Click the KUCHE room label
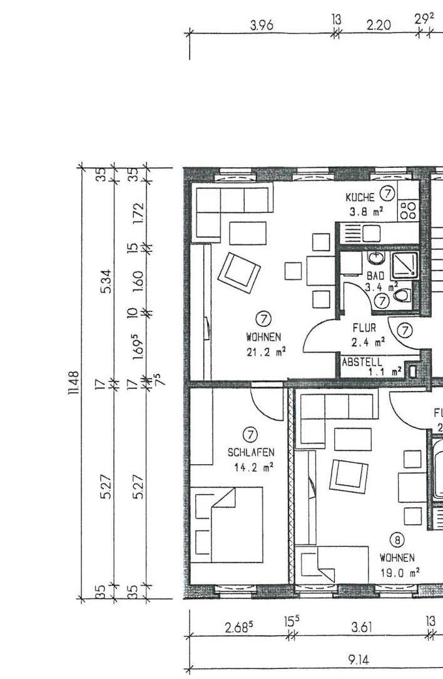coord(360,197)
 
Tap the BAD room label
coord(375,276)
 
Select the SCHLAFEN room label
coord(251,452)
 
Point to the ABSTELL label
coord(362,361)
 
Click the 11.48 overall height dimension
coord(74,383)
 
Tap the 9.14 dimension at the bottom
coord(359,660)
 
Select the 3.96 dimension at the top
coord(262,25)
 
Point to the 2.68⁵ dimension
coord(239,627)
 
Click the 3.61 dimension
coord(361,627)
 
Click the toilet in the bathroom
coord(402,296)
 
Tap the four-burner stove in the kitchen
coord(408,210)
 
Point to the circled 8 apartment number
coord(397,540)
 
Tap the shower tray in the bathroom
coord(405,266)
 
